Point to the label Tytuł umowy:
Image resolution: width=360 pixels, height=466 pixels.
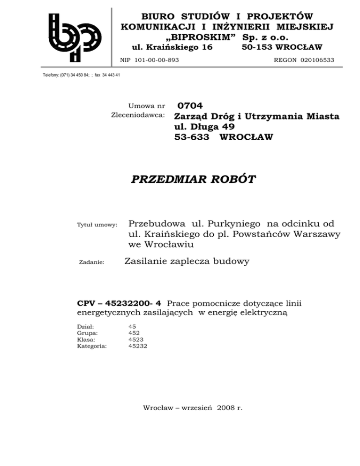pos(97,225)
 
